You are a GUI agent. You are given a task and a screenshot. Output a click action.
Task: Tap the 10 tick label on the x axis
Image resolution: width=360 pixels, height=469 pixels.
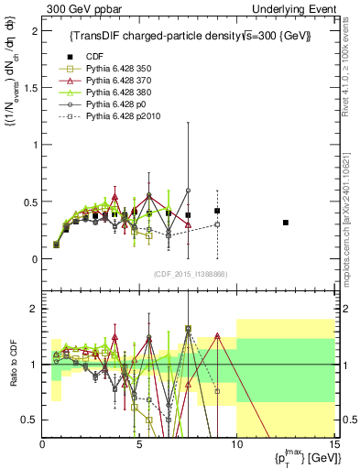236,444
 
